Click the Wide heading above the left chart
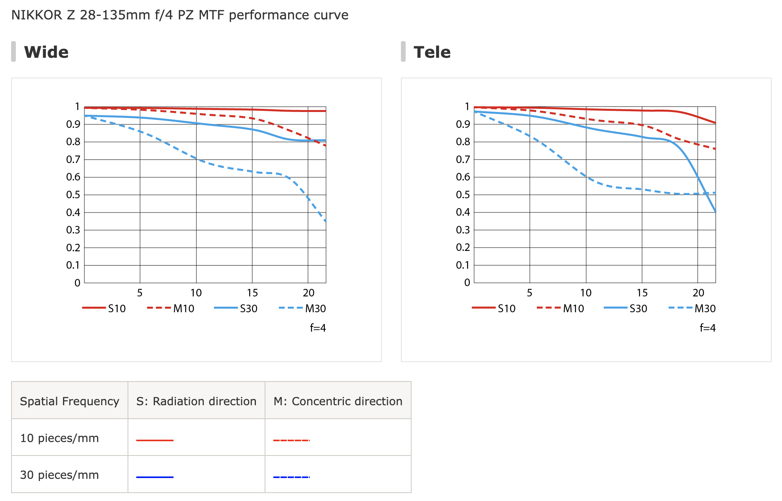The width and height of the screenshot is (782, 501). [x=46, y=52]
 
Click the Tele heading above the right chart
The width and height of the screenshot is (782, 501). [x=432, y=52]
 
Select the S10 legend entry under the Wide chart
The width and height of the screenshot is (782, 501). [x=104, y=308]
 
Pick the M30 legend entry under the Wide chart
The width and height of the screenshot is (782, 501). [x=303, y=308]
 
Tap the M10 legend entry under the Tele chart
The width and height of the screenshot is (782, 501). [x=561, y=308]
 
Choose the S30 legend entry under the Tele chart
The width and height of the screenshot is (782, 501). [x=626, y=308]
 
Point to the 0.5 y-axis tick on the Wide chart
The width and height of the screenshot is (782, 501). [x=73, y=195]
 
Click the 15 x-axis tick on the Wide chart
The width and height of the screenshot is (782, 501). [x=252, y=293]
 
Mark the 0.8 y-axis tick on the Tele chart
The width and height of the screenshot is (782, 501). [x=463, y=142]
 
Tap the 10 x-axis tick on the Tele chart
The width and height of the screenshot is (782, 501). [x=586, y=293]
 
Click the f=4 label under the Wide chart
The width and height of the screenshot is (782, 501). [x=318, y=328]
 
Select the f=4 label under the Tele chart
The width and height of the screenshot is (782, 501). [x=708, y=328]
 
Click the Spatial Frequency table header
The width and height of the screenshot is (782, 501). [x=70, y=401]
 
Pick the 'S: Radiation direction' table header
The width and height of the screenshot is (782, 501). [x=196, y=401]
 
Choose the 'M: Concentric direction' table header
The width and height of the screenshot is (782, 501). [x=338, y=401]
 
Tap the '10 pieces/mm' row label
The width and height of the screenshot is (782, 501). [x=59, y=438]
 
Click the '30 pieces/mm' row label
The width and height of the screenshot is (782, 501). [x=59, y=475]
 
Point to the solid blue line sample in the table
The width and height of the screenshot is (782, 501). [x=155, y=477]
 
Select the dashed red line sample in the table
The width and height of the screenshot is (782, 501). [x=292, y=440]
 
